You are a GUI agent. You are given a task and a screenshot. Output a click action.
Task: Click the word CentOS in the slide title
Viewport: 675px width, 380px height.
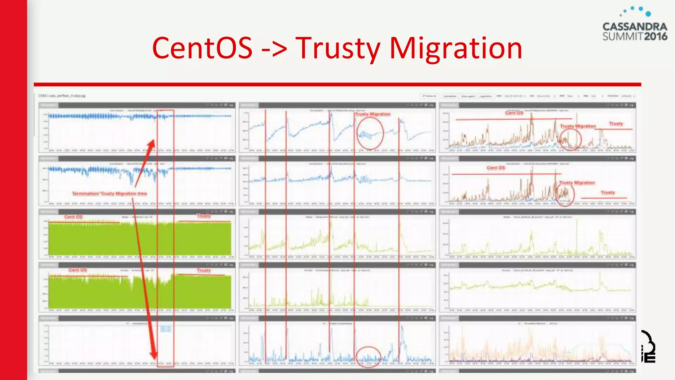(202, 48)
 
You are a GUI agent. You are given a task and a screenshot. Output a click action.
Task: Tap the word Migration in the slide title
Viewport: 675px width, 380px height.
(456, 49)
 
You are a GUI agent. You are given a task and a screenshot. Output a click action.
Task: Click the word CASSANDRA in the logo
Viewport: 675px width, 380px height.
(635, 27)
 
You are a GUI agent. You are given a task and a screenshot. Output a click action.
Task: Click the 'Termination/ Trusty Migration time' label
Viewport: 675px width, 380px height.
(109, 194)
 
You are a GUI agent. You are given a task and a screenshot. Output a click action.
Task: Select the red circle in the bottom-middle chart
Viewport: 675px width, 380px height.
(368, 357)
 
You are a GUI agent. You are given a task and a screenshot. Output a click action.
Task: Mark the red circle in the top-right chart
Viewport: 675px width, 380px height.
(570, 140)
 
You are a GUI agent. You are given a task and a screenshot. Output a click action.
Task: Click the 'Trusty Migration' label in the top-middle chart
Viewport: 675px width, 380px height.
(373, 114)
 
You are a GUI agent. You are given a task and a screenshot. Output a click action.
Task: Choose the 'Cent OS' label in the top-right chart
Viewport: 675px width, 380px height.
(514, 113)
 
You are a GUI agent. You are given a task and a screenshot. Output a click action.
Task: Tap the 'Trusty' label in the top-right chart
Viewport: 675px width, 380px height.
(616, 124)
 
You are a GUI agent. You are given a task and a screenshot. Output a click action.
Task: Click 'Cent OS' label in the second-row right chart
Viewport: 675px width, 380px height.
(496, 168)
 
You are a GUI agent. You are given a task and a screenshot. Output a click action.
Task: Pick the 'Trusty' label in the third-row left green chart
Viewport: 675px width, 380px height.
(204, 216)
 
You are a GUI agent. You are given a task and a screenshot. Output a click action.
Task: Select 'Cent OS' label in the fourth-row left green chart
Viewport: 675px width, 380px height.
(78, 270)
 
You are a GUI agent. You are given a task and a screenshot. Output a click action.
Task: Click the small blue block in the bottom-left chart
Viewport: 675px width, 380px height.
(166, 329)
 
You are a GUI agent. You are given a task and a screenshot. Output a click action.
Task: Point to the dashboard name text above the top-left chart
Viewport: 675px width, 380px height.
(62, 96)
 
